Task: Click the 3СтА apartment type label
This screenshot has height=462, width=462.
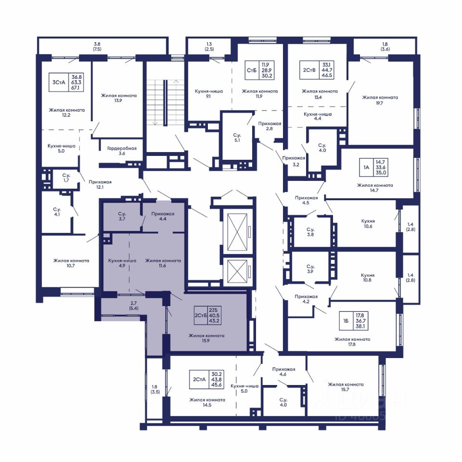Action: click(x=59, y=82)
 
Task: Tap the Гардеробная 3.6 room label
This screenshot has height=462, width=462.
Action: click(x=122, y=151)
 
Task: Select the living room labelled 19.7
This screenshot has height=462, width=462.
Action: click(x=380, y=100)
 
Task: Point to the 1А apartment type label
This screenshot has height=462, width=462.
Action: click(x=366, y=167)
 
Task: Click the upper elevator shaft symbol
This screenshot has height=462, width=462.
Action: click(x=237, y=232)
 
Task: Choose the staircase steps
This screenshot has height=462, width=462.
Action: click(x=156, y=102)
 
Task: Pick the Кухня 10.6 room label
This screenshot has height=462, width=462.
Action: click(x=368, y=223)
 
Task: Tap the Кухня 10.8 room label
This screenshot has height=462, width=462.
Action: click(x=368, y=278)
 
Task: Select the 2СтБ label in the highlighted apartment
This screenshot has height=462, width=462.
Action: click(x=201, y=315)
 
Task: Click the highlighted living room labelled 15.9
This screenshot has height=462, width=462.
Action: click(x=206, y=338)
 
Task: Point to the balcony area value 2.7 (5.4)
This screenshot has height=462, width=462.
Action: click(x=133, y=306)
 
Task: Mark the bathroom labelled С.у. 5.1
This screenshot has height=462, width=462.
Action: click(x=237, y=138)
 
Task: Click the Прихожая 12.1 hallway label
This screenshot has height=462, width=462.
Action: click(x=100, y=184)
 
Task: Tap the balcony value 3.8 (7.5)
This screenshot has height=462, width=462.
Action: click(x=97, y=47)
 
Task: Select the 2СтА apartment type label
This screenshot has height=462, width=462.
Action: click(x=199, y=380)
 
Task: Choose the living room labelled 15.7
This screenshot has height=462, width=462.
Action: click(x=346, y=387)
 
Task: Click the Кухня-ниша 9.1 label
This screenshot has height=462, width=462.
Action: click(x=208, y=94)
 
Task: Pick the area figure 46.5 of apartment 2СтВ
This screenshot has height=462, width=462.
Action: click(x=327, y=76)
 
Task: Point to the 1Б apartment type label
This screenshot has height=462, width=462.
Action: click(x=346, y=321)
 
